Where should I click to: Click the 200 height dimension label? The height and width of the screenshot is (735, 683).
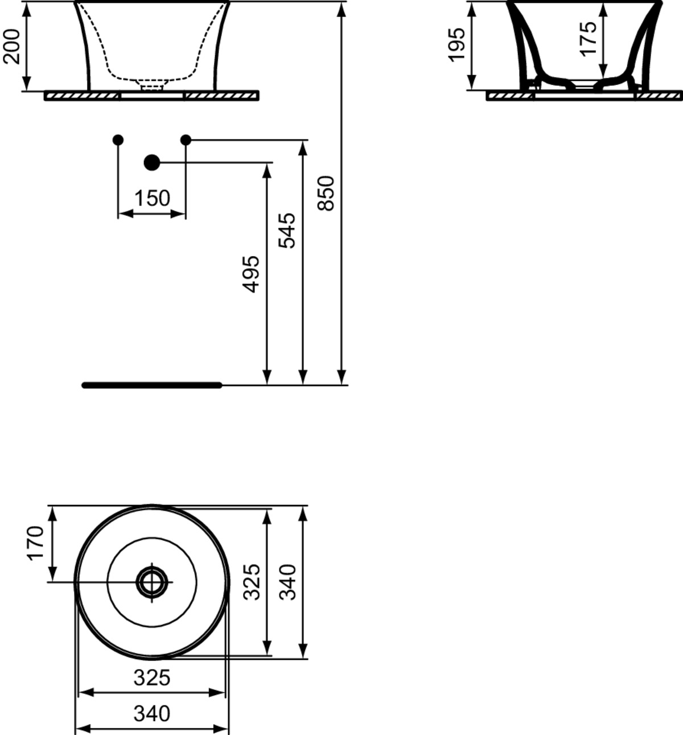(x=11, y=47)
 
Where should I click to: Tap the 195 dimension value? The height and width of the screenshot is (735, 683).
(x=456, y=45)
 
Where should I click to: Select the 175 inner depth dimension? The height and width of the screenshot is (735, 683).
(x=589, y=39)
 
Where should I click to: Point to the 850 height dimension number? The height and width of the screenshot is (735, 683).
(x=326, y=194)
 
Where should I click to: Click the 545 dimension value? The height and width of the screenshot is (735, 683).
(x=287, y=231)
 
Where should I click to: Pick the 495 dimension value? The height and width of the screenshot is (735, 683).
(x=250, y=274)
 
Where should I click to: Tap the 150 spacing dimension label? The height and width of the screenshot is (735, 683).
(x=152, y=198)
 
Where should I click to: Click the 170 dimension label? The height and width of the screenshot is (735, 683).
(x=36, y=543)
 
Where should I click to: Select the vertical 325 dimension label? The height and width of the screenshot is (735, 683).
(x=252, y=582)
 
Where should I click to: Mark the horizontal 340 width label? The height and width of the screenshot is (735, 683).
(x=152, y=713)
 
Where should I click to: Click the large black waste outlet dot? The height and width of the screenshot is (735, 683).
(x=152, y=162)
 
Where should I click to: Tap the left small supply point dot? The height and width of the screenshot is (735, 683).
(x=118, y=140)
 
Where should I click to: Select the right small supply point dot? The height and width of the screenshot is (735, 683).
(x=186, y=140)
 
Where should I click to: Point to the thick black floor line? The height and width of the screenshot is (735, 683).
(x=152, y=385)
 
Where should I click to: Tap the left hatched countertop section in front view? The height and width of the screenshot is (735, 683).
(x=82, y=96)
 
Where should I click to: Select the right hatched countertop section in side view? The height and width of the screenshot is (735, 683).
(x=659, y=96)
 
